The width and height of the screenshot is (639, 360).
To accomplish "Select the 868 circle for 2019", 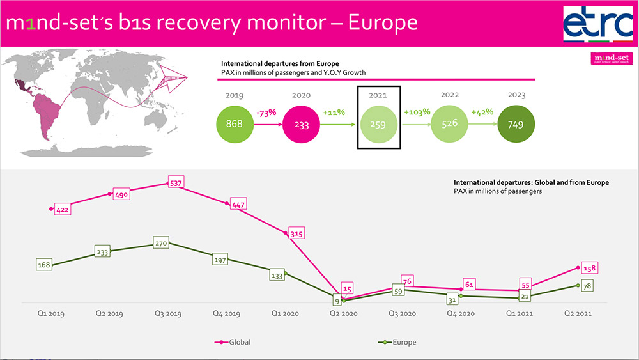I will (x=235, y=123).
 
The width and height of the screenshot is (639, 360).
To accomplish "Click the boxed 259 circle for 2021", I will (x=378, y=125).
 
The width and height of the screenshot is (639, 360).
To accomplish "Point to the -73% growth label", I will (x=267, y=113).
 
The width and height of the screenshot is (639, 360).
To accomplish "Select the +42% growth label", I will (x=483, y=113).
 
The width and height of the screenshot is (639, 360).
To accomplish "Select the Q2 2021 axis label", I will (x=577, y=314).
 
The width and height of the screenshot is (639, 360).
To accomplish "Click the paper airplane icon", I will (x=171, y=79).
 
